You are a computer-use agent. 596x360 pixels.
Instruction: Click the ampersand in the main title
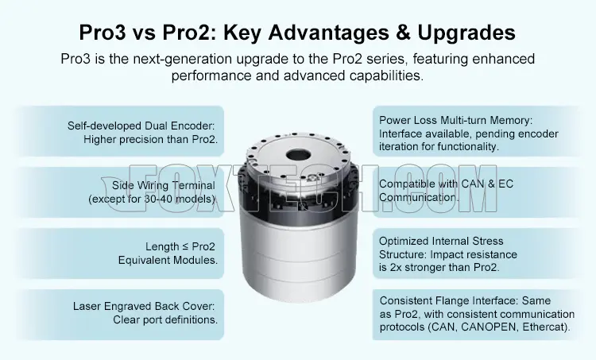point(403,33)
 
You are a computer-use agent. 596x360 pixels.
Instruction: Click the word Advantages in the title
point(328,33)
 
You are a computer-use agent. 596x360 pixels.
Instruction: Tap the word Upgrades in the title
point(466,33)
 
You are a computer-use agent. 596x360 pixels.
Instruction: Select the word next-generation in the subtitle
point(183,60)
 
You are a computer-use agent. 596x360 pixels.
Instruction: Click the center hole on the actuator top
point(299,155)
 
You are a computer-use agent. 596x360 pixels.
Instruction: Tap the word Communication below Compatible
point(419,198)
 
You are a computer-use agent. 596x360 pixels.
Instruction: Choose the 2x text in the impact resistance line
point(396,267)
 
